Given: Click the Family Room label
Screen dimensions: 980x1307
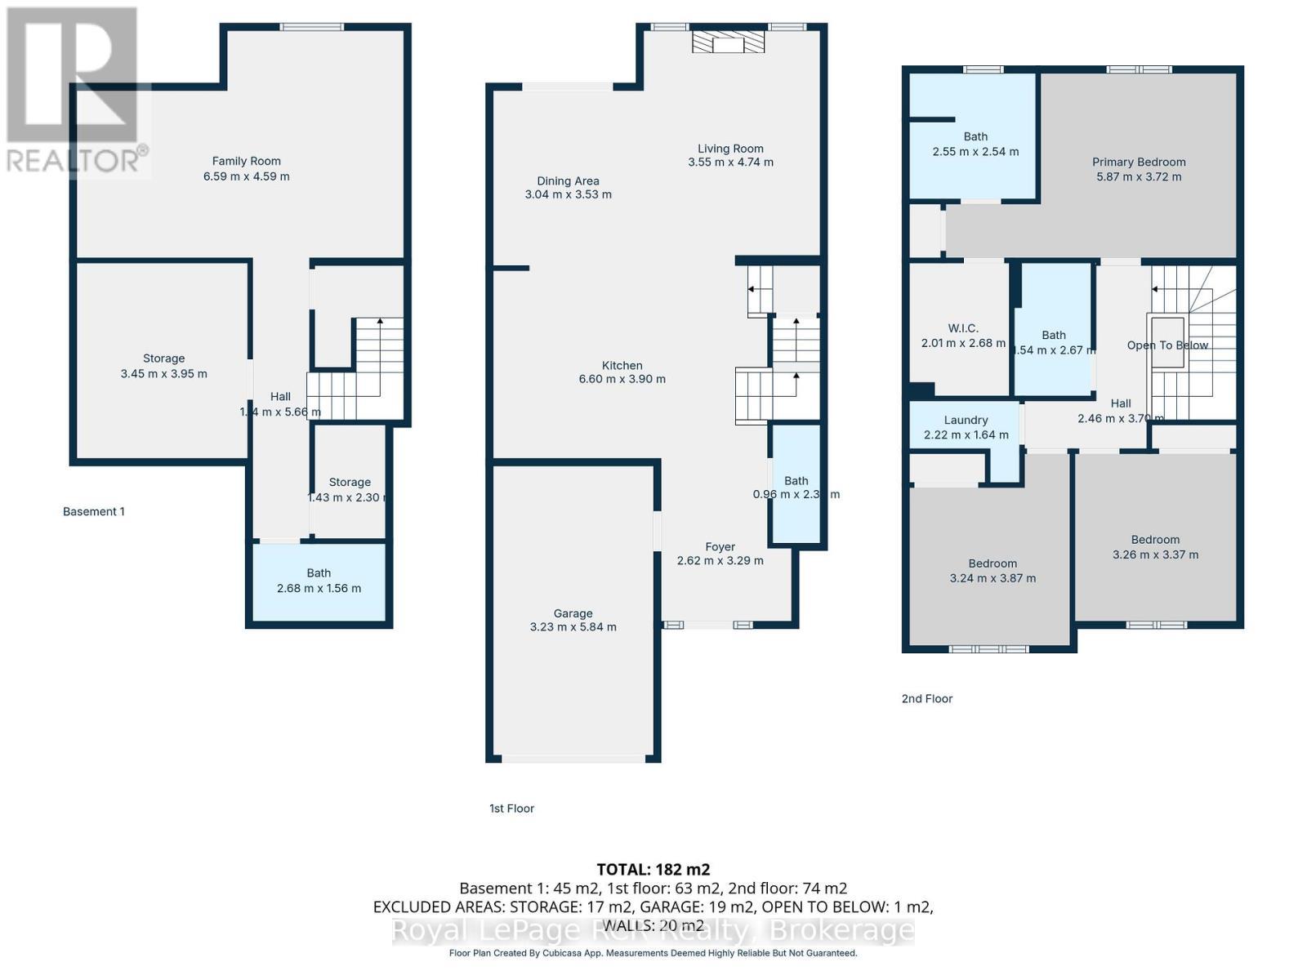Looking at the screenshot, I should (246, 162).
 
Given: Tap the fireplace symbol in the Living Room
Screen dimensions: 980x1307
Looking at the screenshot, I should (728, 42).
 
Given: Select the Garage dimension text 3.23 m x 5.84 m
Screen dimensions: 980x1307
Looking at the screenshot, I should (573, 627).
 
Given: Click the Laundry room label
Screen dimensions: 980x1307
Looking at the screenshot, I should (966, 420).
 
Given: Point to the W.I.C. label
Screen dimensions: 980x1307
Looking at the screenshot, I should (963, 328).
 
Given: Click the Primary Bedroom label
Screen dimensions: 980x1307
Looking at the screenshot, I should (1139, 162).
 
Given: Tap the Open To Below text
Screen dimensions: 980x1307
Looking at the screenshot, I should (1167, 345).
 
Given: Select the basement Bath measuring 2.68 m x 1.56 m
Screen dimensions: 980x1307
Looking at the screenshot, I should (319, 581).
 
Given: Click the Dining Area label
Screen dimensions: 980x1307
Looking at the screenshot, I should (568, 181).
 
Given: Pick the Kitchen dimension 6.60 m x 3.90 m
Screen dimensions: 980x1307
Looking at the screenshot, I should (622, 379).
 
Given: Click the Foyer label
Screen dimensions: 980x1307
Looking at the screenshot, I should (720, 547).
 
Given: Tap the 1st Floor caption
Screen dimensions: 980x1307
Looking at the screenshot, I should (511, 808).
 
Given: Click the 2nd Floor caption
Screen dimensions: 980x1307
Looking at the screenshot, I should (926, 698).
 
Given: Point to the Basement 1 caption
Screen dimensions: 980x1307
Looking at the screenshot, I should (94, 512).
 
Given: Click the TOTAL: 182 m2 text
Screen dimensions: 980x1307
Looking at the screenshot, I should (653, 869).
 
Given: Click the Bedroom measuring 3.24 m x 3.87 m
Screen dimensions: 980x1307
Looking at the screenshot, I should (993, 571).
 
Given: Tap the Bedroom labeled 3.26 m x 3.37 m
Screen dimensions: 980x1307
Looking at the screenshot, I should (1155, 547).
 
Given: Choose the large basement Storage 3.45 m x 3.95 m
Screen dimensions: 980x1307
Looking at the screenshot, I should (163, 366).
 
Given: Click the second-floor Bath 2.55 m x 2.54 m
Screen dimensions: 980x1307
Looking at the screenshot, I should (975, 144).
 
